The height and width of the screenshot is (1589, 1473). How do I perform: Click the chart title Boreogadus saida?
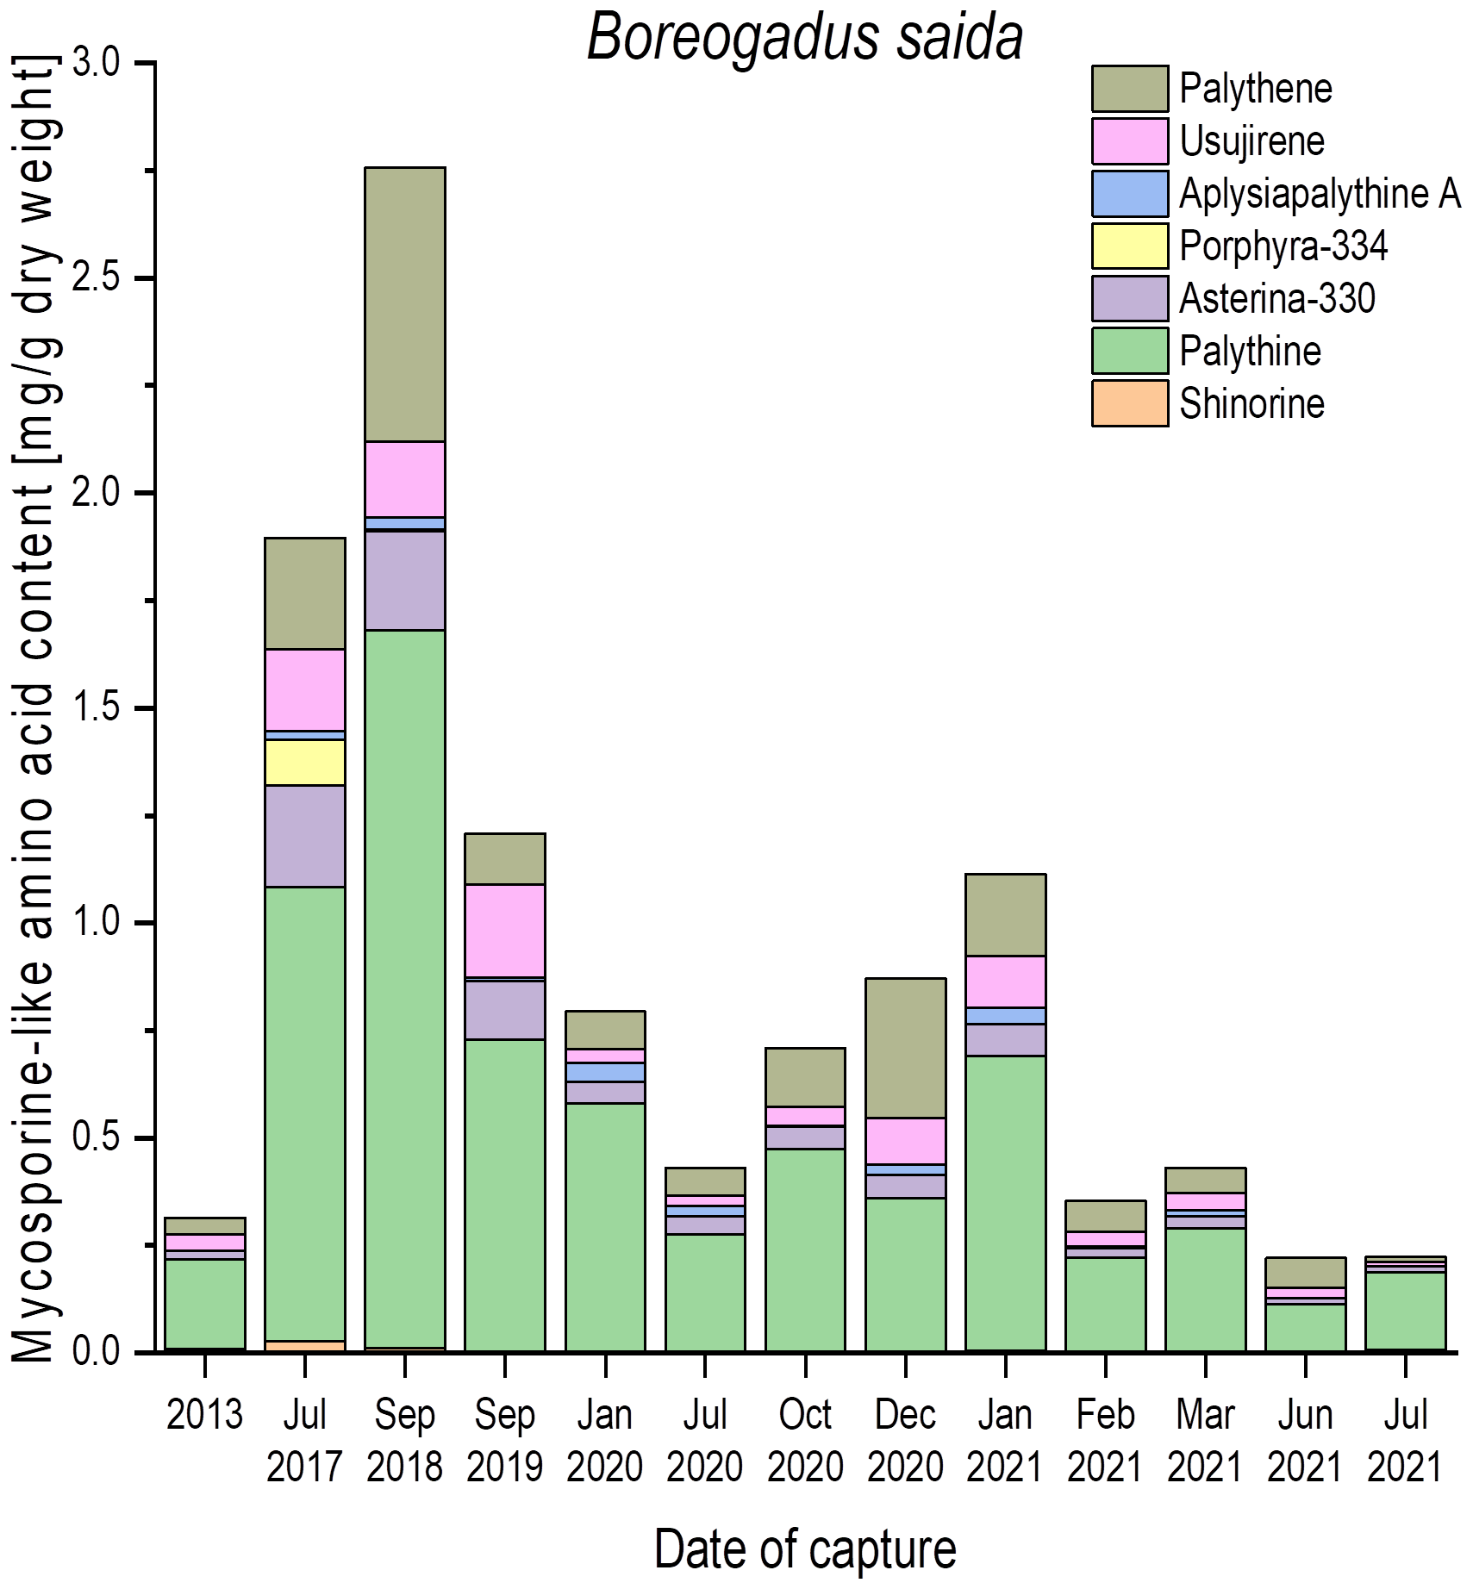(804, 38)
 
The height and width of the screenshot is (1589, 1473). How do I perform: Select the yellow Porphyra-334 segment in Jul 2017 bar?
(304, 762)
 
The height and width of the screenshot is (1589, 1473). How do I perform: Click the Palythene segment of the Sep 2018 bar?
(404, 304)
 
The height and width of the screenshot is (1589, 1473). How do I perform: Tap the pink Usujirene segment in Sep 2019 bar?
(504, 931)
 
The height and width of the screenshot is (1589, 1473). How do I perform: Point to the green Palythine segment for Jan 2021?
(1005, 1203)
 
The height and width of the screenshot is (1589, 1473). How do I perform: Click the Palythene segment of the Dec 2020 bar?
(905, 1048)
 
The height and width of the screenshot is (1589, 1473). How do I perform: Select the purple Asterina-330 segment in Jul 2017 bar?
(304, 836)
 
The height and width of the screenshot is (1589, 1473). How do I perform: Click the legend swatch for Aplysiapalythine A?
(1129, 194)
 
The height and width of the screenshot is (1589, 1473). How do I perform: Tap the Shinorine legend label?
(1251, 404)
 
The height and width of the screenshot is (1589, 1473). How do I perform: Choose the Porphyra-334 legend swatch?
(1129, 246)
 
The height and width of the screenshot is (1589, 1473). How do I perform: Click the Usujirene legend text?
(1251, 141)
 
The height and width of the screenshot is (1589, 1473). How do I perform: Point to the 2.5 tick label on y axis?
(96, 278)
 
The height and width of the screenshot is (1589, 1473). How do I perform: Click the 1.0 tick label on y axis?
(96, 922)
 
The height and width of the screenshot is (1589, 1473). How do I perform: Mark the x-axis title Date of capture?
(804, 1548)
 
